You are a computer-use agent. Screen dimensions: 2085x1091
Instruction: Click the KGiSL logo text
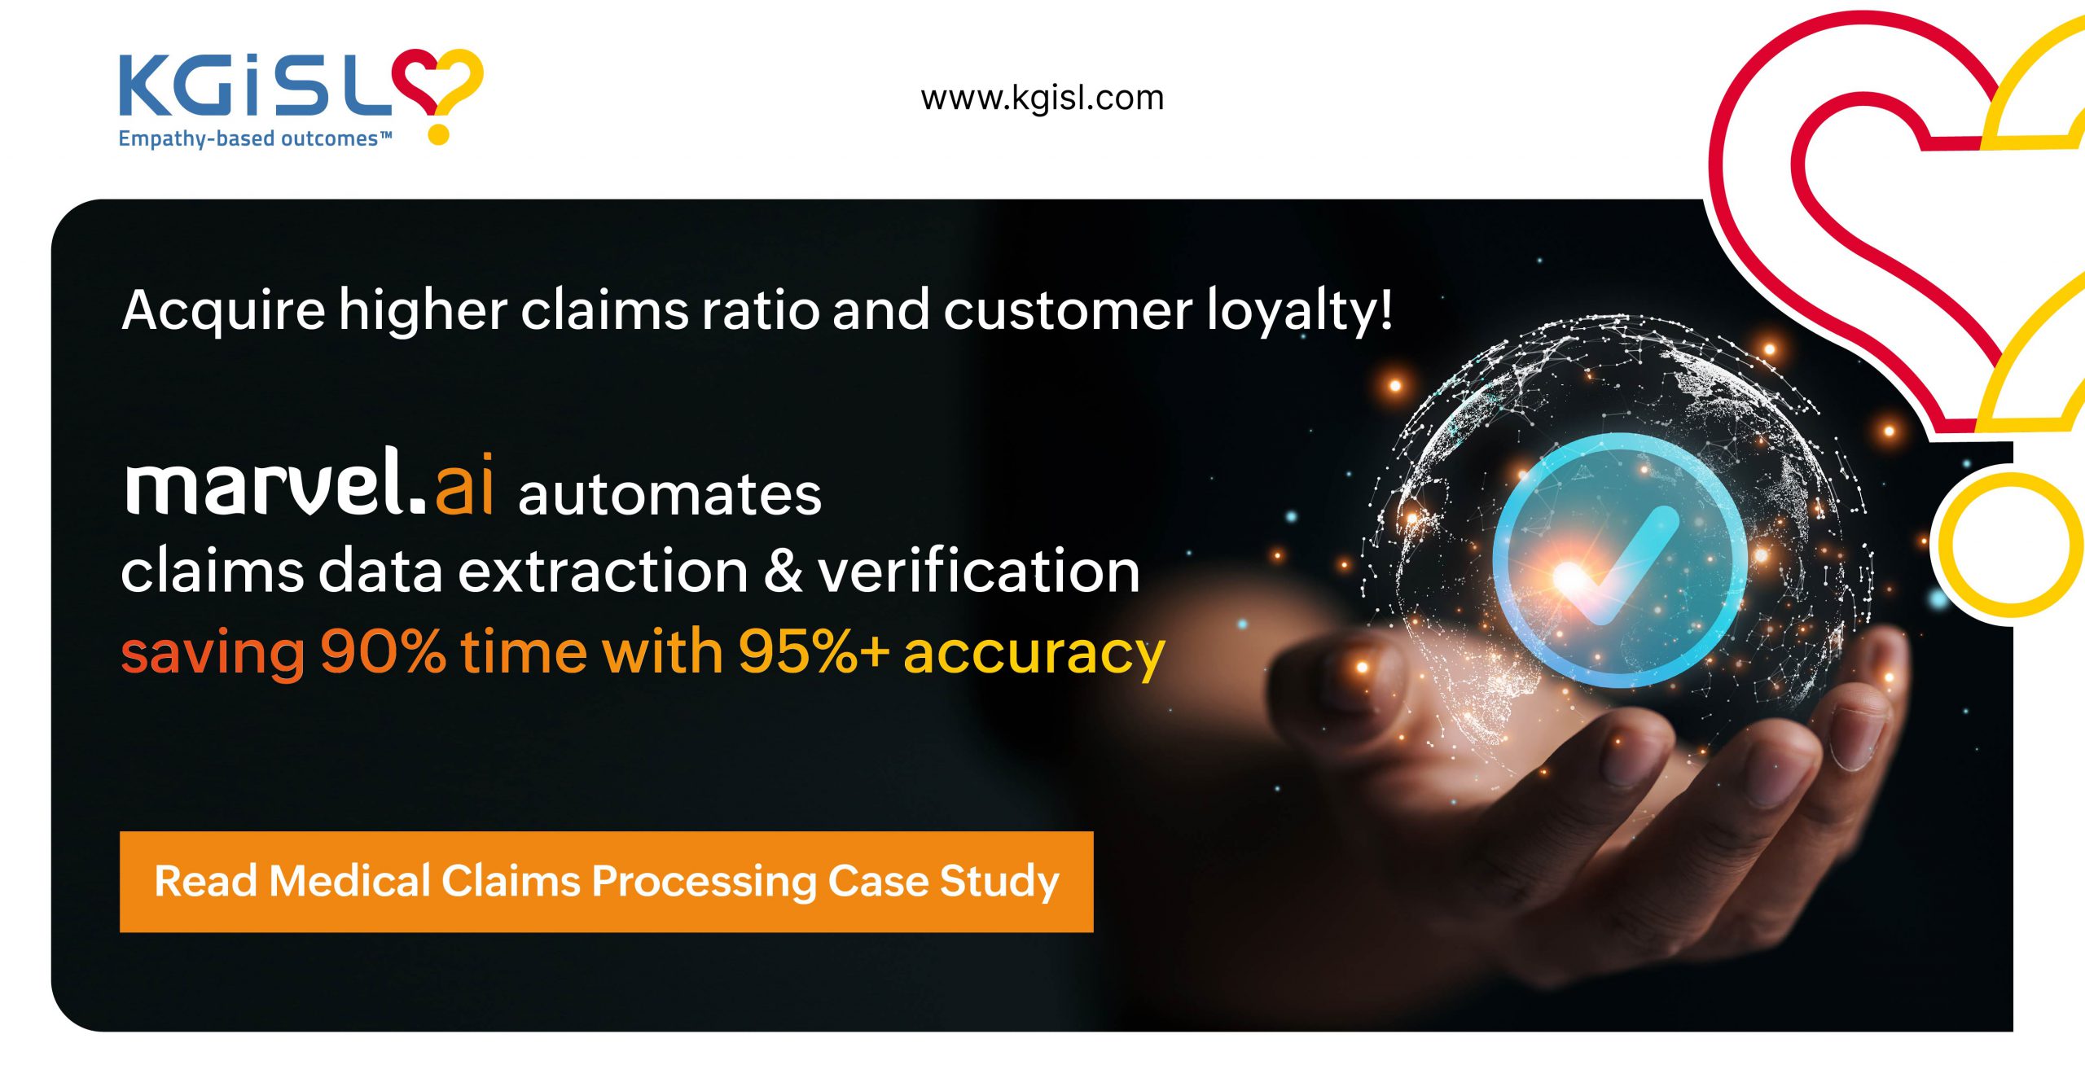257,84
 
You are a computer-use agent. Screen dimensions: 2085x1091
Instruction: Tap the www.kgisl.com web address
1042,98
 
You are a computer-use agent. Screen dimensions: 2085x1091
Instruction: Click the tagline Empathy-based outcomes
255,138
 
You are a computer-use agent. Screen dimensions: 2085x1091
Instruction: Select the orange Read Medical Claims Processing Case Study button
606,882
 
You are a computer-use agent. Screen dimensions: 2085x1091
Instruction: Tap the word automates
669,494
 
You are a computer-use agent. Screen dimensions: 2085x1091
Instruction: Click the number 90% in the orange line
383,651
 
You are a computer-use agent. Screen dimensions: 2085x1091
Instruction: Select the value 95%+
813,651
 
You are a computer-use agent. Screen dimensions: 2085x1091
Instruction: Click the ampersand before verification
783,572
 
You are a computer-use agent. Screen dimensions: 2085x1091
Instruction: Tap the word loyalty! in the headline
1299,310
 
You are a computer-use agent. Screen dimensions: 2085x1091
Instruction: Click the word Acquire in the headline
223,312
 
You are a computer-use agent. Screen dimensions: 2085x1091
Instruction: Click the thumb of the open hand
1336,676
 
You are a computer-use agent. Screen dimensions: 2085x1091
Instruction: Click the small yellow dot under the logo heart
439,134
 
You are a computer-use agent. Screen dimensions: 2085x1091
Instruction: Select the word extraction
604,571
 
